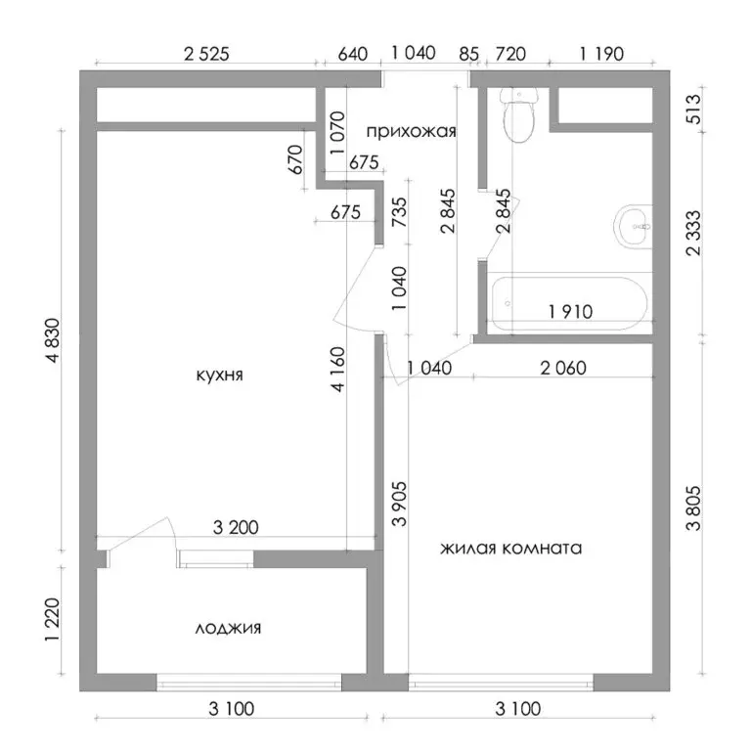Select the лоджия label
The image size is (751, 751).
(x=228, y=628)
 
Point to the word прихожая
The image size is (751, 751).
(x=412, y=129)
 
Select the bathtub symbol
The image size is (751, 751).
(x=567, y=303)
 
